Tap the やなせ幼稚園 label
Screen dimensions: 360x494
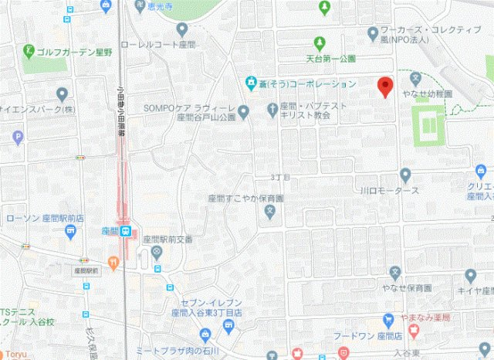(x=427, y=93)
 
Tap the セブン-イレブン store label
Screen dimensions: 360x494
(x=207, y=305)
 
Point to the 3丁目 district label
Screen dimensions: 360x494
(x=279, y=177)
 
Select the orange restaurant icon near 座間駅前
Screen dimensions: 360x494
(x=113, y=262)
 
